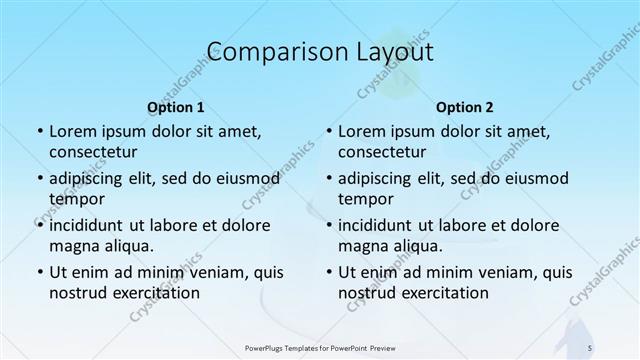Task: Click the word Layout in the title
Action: (x=390, y=52)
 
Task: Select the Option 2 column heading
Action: (x=465, y=106)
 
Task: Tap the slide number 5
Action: (x=590, y=346)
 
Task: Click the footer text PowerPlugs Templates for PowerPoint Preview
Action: (x=320, y=346)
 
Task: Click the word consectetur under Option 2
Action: (x=383, y=152)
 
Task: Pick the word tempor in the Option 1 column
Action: (x=73, y=199)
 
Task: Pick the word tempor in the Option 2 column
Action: (x=363, y=199)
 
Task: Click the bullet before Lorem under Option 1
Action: (x=39, y=132)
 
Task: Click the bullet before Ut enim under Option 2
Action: (x=329, y=273)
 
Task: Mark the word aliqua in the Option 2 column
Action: (x=418, y=246)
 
